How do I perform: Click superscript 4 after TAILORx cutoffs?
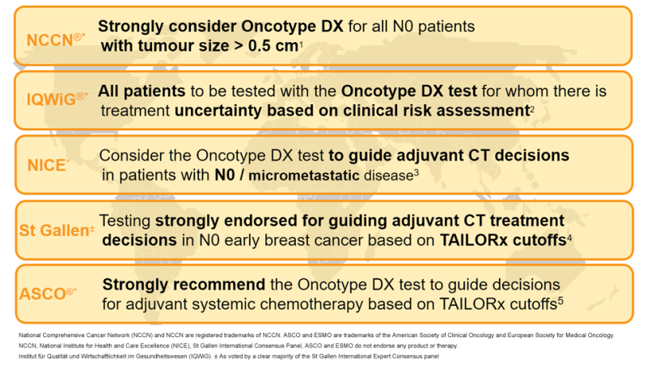[569, 235]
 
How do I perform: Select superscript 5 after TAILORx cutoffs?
[559, 300]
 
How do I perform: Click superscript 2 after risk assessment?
[531, 108]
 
